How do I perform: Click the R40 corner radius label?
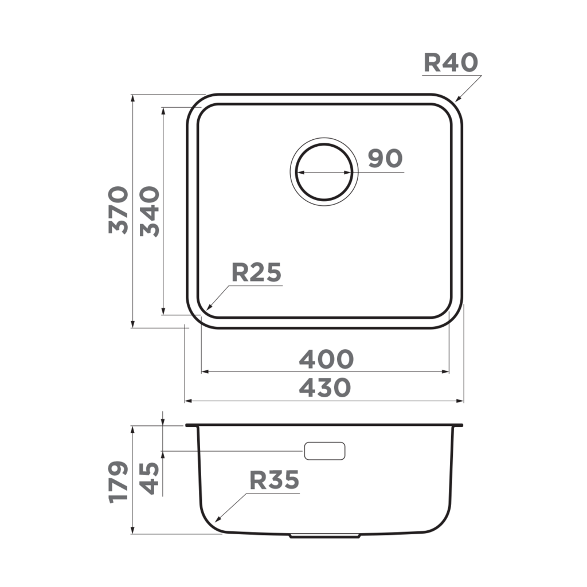(x=451, y=62)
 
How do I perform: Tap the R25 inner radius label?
(x=256, y=273)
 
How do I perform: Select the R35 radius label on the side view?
(x=274, y=480)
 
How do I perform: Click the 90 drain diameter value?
(x=385, y=159)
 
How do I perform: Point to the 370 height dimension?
(x=119, y=209)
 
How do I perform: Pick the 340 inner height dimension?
(x=150, y=211)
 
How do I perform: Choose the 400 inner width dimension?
(x=326, y=359)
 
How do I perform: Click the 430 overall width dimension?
(x=325, y=388)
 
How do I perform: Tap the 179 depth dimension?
(x=119, y=481)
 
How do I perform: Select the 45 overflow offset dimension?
(x=150, y=478)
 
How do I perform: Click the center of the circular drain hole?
(x=324, y=172)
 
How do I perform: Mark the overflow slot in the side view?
(x=324, y=451)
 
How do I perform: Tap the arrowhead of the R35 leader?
(x=215, y=521)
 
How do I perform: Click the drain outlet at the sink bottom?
(x=325, y=537)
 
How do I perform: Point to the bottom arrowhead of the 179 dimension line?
(x=133, y=532)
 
